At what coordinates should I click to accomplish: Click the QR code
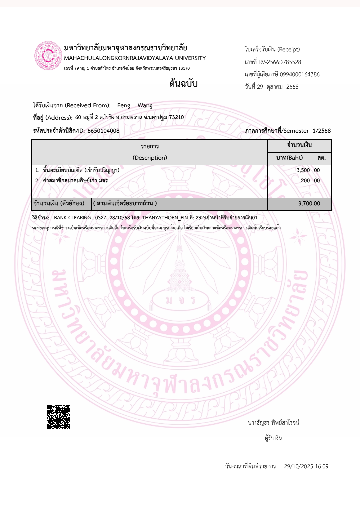click(x=59, y=417)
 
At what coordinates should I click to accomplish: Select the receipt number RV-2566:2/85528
click(x=280, y=62)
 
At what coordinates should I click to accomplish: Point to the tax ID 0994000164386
click(x=300, y=74)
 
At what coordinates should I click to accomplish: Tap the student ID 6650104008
click(x=103, y=131)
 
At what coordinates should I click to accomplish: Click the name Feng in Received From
click(x=124, y=105)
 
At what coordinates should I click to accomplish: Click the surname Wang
click(x=145, y=105)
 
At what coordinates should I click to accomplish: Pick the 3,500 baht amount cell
click(x=303, y=170)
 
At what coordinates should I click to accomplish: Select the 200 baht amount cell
click(x=305, y=180)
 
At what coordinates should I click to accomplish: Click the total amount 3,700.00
click(x=309, y=203)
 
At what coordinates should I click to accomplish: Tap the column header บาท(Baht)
click(x=290, y=158)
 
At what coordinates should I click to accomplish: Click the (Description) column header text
click(x=150, y=158)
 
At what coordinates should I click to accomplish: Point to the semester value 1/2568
click(x=322, y=131)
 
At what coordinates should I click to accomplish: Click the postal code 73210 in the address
click(x=176, y=117)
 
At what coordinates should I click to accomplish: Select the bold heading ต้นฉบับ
click(x=183, y=83)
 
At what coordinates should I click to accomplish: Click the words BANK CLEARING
click(x=72, y=218)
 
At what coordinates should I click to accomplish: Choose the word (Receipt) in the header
click(x=289, y=49)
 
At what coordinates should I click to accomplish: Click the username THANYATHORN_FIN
click(x=165, y=218)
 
